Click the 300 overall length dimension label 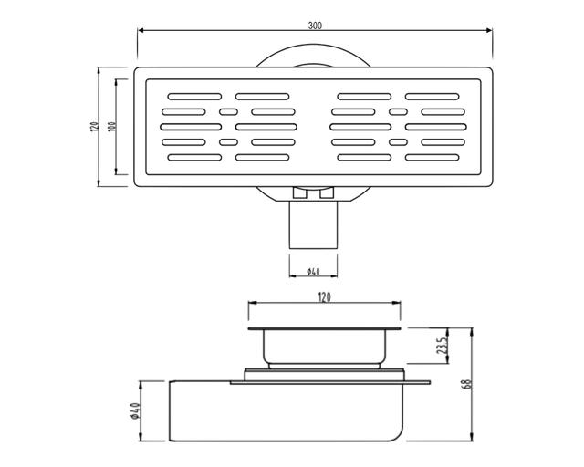[x=315, y=26]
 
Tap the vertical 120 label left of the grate [x=94, y=126]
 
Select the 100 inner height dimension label [x=111, y=126]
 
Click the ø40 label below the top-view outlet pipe [x=313, y=272]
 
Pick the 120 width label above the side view [x=324, y=298]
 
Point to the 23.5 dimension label [x=442, y=346]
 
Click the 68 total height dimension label [x=468, y=384]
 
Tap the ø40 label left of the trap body [x=135, y=411]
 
